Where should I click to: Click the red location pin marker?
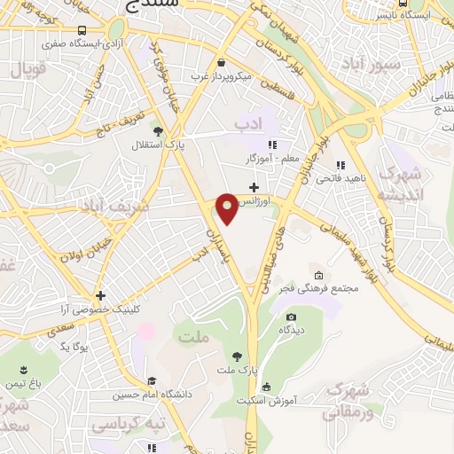point(228,208)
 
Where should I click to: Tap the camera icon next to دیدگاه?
point(291,317)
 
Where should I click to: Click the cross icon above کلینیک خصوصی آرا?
point(101,296)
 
